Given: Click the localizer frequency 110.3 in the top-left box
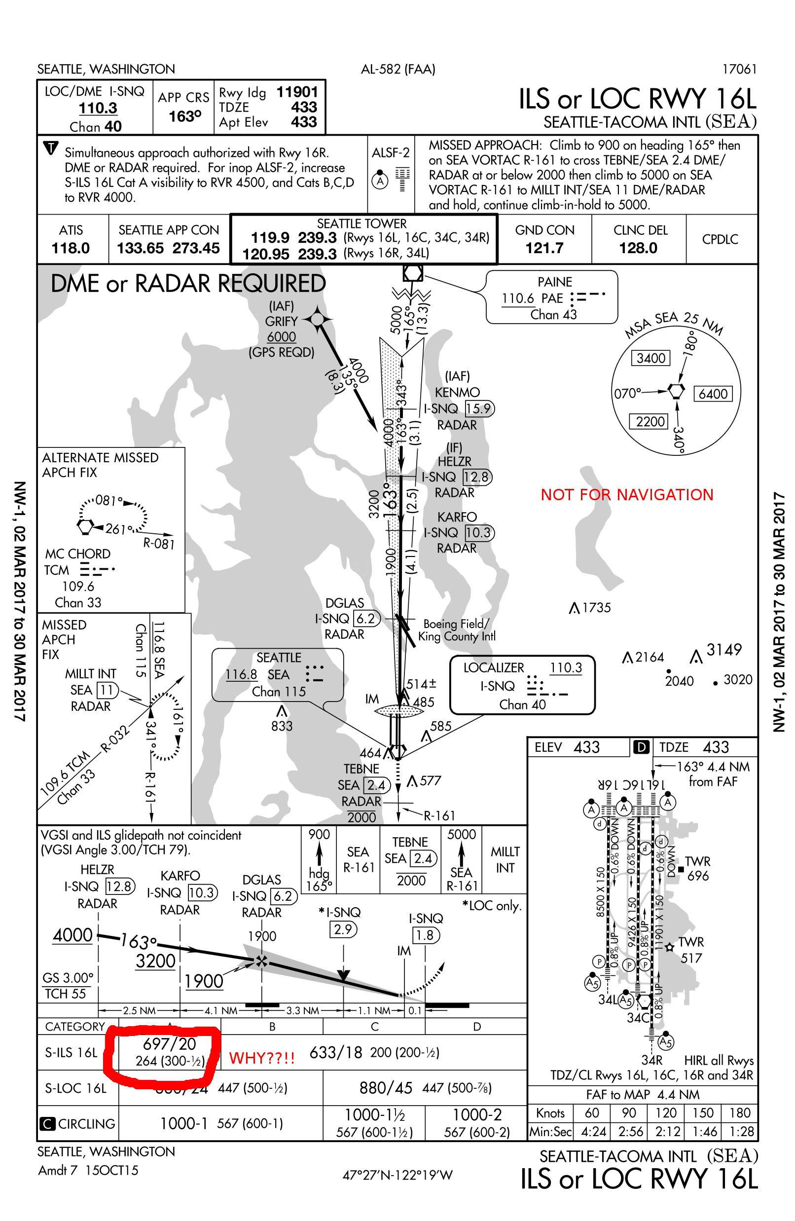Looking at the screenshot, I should (x=98, y=108).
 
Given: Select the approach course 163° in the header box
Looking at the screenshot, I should (x=183, y=116).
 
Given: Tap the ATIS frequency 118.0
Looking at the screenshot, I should (x=71, y=248).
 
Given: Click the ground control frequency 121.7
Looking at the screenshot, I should (x=544, y=248).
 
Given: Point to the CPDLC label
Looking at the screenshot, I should (x=720, y=240).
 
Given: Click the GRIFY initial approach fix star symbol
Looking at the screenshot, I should (x=318, y=319).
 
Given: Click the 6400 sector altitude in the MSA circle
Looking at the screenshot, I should (x=713, y=394).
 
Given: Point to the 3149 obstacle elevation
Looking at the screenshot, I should (x=723, y=650).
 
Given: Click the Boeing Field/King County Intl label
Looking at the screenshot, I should (x=456, y=630).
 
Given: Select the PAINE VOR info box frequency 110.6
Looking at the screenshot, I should (x=518, y=298).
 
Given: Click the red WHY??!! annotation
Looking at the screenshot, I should (x=261, y=1058).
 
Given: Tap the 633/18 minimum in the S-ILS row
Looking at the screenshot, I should (x=335, y=1053).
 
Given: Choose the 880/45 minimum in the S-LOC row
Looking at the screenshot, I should (x=386, y=1088).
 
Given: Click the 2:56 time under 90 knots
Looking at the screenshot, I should (x=629, y=1131).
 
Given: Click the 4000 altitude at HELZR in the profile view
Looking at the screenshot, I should (x=72, y=935).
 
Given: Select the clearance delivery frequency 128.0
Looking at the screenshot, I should (x=638, y=248).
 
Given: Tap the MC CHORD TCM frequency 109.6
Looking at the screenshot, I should (x=78, y=586).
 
